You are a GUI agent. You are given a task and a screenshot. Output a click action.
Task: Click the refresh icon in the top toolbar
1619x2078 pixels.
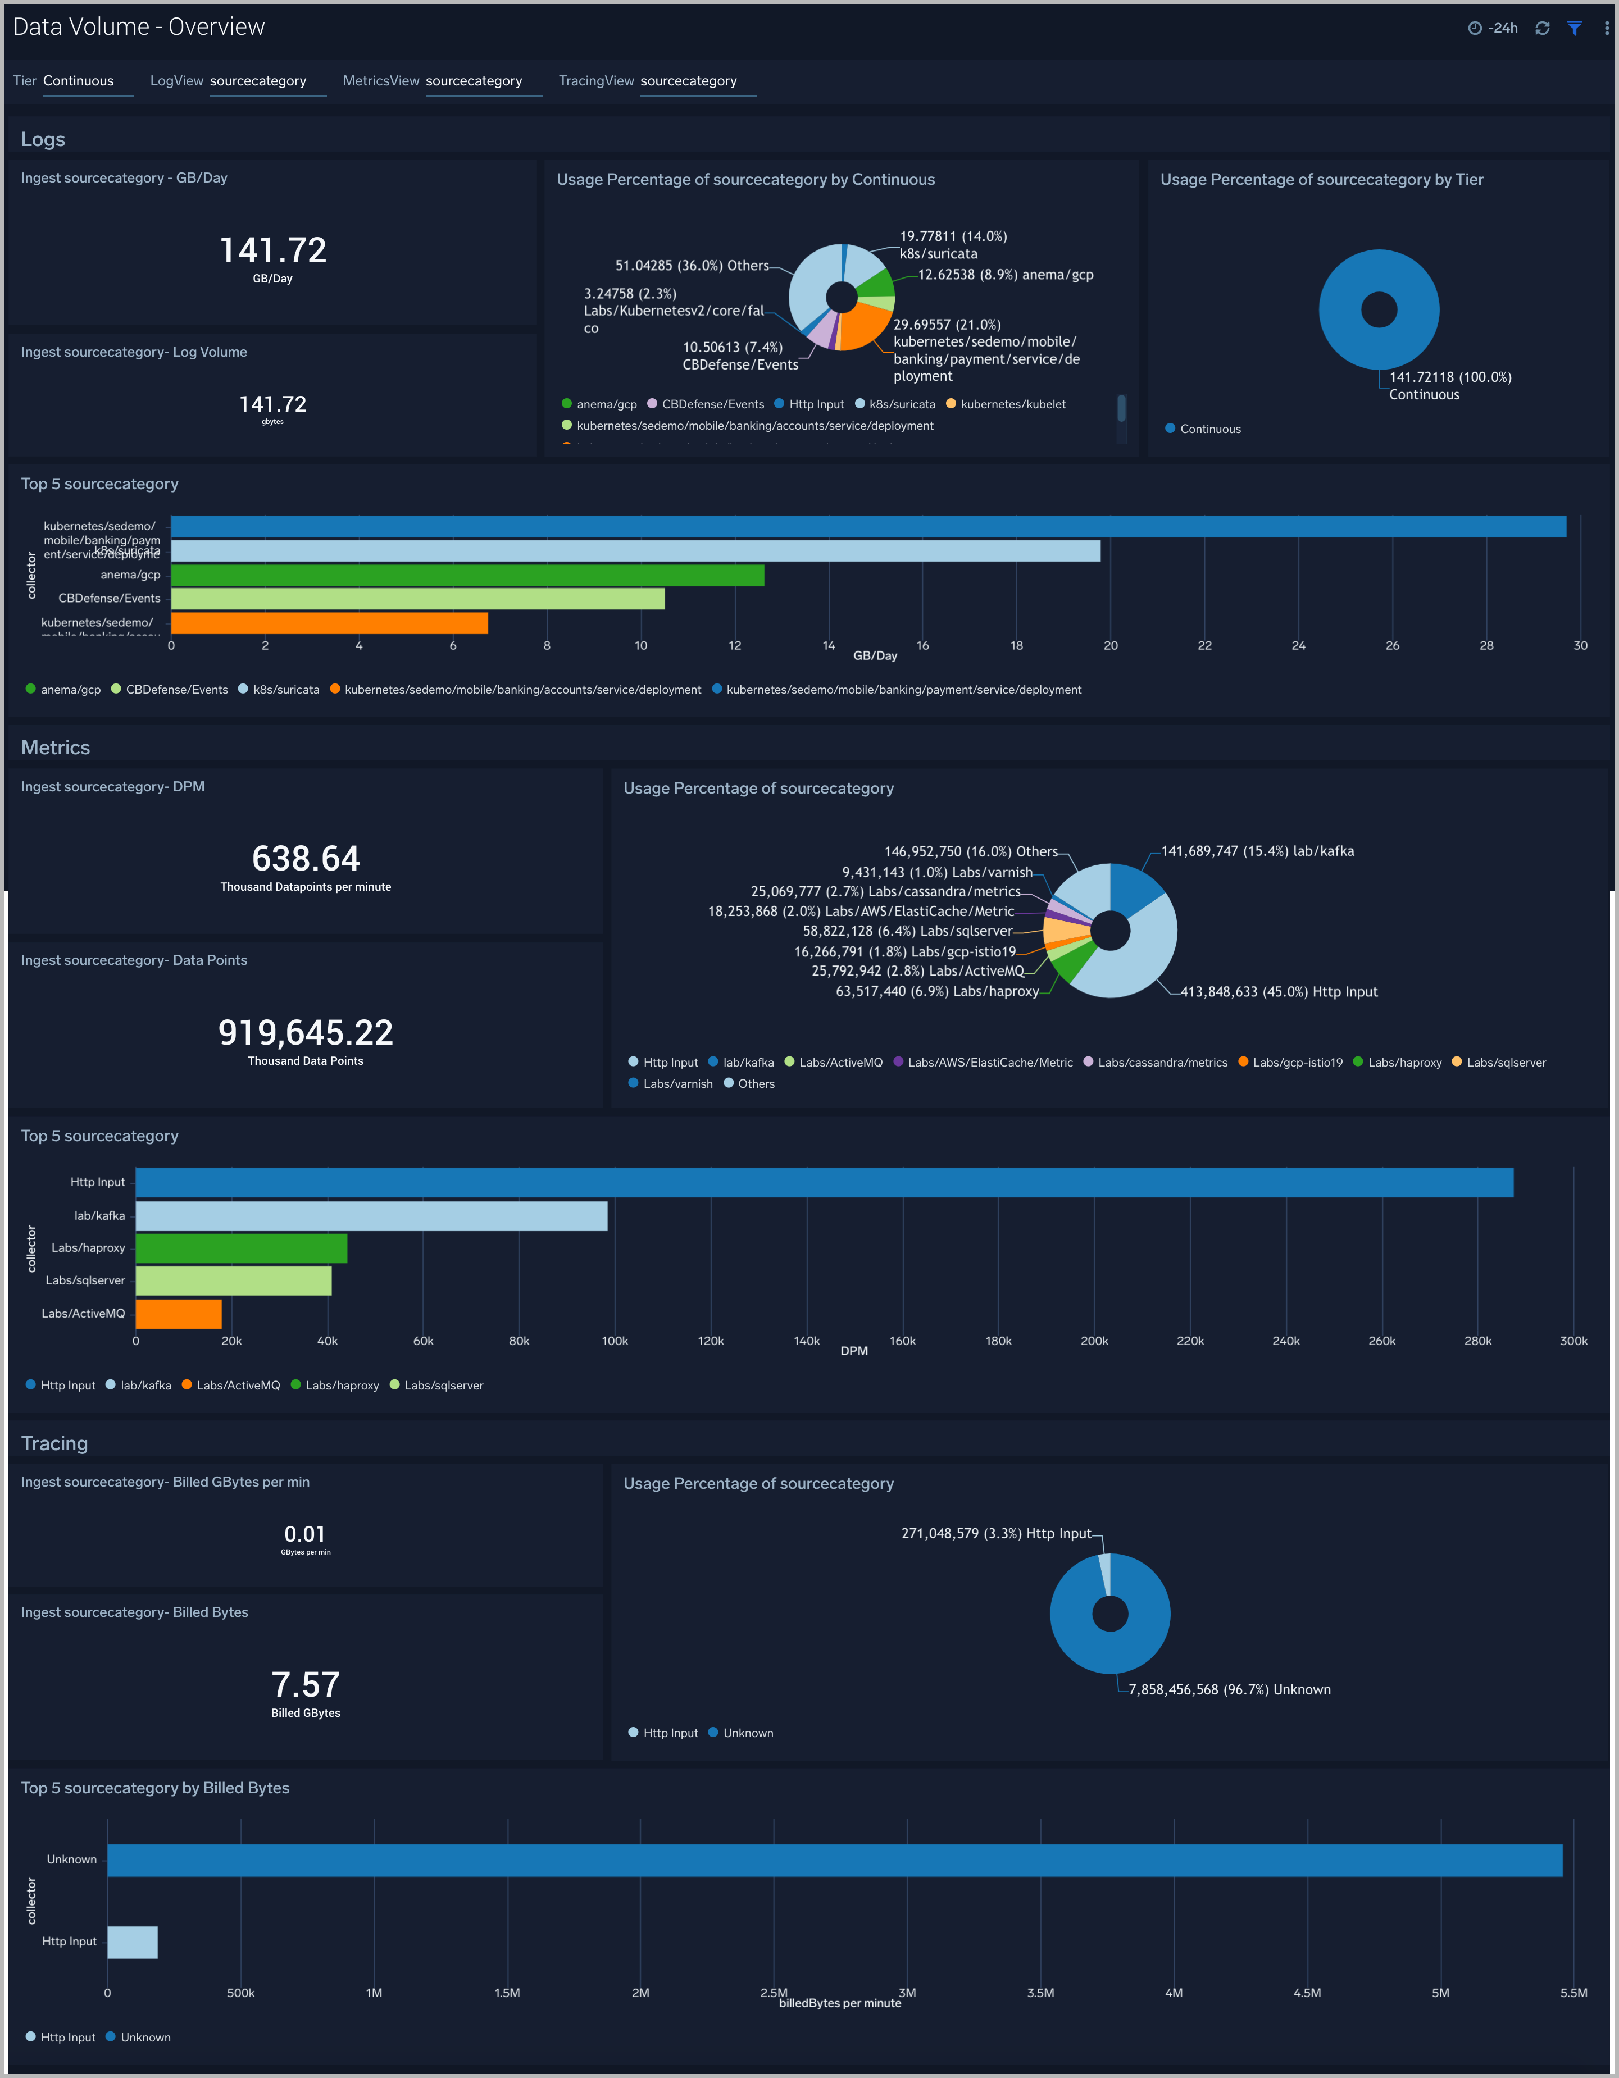point(1542,29)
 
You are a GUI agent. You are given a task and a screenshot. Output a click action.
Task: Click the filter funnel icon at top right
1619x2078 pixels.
point(1574,29)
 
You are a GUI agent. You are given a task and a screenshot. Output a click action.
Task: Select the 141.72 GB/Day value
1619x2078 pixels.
point(273,250)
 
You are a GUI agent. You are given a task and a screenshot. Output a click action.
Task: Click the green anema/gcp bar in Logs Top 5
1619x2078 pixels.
point(466,575)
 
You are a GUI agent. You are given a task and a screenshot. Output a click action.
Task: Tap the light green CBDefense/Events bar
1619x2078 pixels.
point(417,599)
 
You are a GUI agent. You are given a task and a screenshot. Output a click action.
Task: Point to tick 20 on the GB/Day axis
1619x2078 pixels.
point(1110,646)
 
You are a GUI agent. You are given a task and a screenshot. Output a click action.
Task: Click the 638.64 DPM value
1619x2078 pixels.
point(306,858)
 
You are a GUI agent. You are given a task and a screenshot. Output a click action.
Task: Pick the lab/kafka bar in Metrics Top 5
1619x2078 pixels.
point(371,1216)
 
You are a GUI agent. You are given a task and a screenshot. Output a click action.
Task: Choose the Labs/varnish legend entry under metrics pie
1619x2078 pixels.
point(677,1084)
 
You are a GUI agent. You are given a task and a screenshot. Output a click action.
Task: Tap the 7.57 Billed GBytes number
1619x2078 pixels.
point(306,1685)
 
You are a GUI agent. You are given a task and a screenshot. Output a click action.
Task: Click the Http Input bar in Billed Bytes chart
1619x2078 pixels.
point(133,1942)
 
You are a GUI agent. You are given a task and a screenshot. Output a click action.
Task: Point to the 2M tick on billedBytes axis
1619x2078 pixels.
point(640,1993)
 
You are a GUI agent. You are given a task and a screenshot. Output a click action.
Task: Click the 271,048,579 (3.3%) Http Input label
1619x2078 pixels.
point(995,1534)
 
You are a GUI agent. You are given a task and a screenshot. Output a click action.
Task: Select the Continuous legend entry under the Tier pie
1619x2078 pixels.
point(1209,429)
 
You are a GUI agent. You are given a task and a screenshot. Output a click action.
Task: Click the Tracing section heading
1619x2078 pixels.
point(54,1443)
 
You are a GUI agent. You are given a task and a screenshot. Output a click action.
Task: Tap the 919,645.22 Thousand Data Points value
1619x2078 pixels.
point(306,1032)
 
